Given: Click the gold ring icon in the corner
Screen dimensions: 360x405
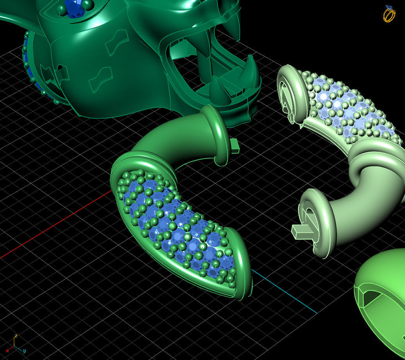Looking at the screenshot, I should click(x=389, y=14).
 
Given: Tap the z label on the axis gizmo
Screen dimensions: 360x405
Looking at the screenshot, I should click(x=16, y=336).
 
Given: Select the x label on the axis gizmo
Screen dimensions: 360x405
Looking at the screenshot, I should click(x=7, y=351).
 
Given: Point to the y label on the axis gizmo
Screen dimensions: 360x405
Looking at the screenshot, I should click(x=24, y=351).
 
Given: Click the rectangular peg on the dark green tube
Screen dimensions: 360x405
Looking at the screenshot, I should click(x=234, y=145).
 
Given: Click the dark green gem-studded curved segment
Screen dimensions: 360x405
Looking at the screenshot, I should click(x=176, y=226).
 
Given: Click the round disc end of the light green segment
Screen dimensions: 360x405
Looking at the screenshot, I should click(x=291, y=94).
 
